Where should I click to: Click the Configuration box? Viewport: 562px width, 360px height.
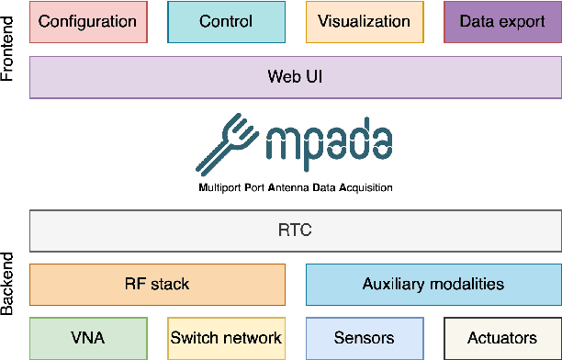click(x=88, y=22)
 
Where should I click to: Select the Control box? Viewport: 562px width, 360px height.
click(x=226, y=22)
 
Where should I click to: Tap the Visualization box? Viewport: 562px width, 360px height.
click(x=364, y=22)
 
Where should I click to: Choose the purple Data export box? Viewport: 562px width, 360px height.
click(x=501, y=22)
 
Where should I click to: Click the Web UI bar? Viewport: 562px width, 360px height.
click(x=295, y=77)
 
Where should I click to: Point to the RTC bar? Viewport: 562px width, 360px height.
click(x=295, y=231)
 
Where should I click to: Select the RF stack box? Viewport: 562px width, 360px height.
click(x=157, y=284)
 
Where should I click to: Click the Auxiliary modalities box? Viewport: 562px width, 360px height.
click(x=433, y=284)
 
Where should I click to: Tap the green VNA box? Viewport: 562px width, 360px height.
click(x=88, y=338)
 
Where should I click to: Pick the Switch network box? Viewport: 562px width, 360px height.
click(x=226, y=338)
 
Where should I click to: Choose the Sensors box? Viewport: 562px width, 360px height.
click(x=364, y=338)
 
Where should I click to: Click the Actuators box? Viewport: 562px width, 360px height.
click(x=501, y=338)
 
